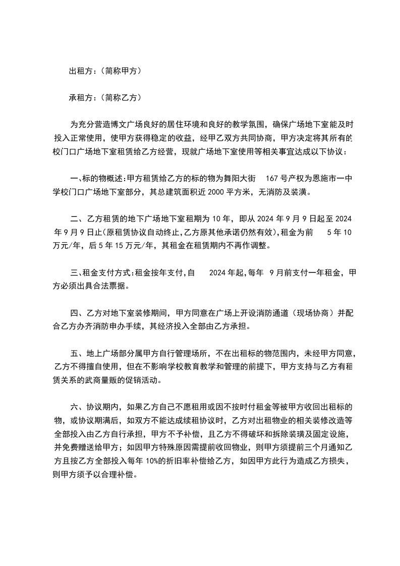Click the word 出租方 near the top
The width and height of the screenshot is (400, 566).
[81, 72]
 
